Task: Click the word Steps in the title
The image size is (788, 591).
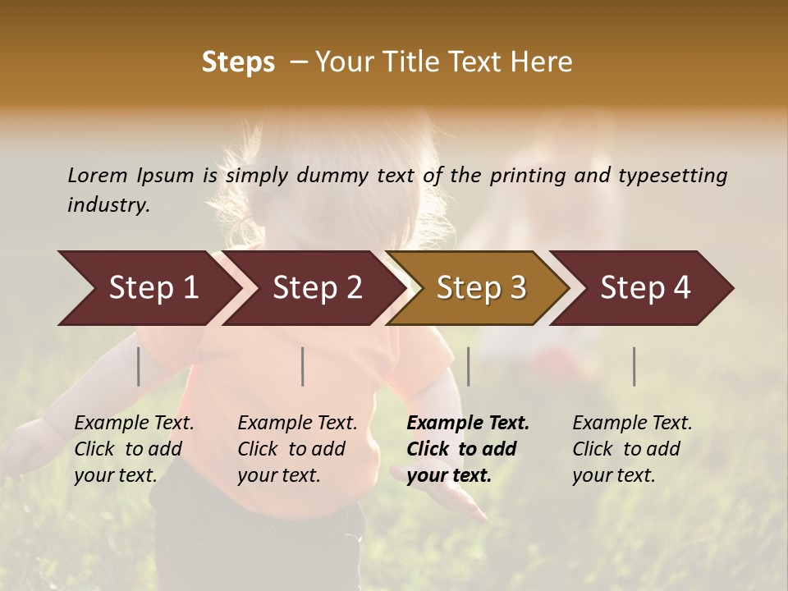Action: [x=238, y=62]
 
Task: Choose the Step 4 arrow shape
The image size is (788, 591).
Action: [x=644, y=288]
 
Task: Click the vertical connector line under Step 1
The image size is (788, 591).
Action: [x=139, y=366]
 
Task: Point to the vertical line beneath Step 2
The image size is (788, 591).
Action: [x=303, y=366]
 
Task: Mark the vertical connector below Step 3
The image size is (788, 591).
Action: [x=469, y=366]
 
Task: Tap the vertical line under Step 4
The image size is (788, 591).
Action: [x=635, y=366]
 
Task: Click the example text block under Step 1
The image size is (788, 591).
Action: [x=134, y=449]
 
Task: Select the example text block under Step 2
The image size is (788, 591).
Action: [x=297, y=449]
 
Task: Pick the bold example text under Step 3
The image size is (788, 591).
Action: [x=468, y=449]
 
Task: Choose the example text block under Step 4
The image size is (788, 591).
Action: [x=632, y=449]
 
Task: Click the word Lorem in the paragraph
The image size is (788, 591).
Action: [x=98, y=175]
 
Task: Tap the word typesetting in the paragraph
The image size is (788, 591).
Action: [x=672, y=176]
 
